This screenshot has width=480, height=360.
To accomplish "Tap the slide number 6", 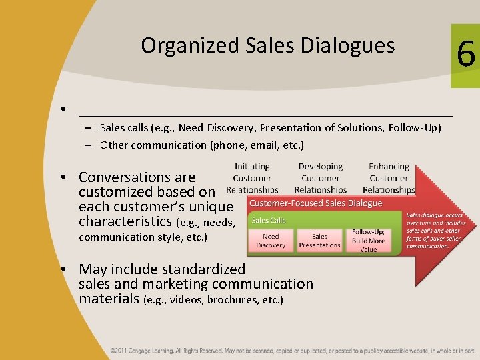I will click(x=466, y=53).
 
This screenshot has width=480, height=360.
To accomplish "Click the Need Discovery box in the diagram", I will click(x=271, y=241).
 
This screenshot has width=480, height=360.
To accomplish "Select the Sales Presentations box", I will click(x=319, y=241).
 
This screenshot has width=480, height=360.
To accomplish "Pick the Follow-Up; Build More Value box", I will click(x=369, y=241).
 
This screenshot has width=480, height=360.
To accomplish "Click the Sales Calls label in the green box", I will click(x=268, y=220).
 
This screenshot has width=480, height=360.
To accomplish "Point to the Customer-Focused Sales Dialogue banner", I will click(x=316, y=203).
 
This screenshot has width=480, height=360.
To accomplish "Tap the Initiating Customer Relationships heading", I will click(x=252, y=178).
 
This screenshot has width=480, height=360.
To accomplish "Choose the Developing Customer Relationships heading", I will click(x=321, y=178).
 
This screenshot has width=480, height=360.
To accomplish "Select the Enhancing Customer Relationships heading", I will click(x=389, y=178).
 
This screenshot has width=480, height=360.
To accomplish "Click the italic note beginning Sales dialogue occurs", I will click(x=433, y=231).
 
